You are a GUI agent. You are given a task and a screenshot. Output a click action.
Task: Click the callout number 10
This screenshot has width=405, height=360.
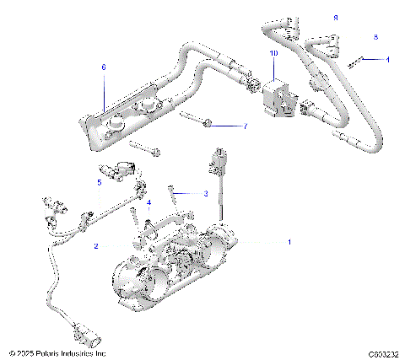click(x=273, y=53)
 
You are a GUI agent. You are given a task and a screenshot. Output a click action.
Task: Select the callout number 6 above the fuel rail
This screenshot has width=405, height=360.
click(x=104, y=67)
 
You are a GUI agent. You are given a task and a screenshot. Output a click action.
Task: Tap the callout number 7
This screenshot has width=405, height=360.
click(x=246, y=127)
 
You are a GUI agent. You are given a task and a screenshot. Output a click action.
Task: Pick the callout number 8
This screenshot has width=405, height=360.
click(x=375, y=37)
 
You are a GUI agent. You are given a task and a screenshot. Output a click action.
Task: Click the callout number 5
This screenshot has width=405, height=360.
click(x=99, y=181)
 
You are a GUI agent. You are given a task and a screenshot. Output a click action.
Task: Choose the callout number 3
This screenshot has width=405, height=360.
click(x=205, y=193)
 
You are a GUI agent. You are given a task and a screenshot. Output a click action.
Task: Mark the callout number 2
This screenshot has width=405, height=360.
click(x=96, y=246)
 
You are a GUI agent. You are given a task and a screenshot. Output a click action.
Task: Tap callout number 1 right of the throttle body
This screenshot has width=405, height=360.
click(x=289, y=242)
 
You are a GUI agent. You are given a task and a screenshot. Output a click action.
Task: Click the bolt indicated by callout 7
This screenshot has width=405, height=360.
click(x=196, y=121)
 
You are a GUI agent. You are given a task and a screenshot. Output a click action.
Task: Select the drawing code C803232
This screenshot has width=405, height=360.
click(x=382, y=353)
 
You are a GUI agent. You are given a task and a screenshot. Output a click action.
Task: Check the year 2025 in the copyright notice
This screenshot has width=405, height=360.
click(x=25, y=353)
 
